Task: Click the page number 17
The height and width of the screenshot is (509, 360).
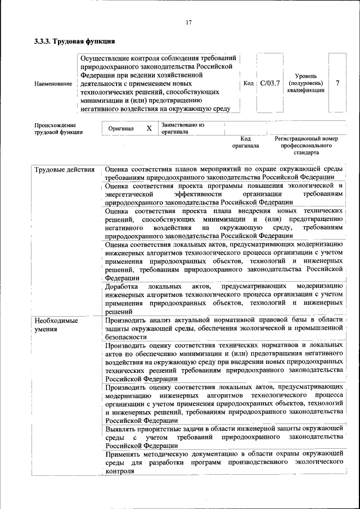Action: point(188,22)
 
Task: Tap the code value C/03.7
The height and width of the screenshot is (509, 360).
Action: point(270,83)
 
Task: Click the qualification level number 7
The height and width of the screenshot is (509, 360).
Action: point(337,83)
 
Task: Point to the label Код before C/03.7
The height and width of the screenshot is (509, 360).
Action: point(248,83)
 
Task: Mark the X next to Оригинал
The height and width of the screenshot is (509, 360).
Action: point(149,128)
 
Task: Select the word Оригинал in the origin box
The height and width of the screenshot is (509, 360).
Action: point(121,128)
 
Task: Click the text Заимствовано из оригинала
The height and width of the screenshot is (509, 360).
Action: point(182,128)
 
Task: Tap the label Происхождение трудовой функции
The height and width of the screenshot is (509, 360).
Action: point(58,129)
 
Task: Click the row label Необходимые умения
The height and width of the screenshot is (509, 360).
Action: point(56,325)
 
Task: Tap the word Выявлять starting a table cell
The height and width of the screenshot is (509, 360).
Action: point(122,429)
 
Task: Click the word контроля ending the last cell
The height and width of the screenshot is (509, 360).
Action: point(120,471)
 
